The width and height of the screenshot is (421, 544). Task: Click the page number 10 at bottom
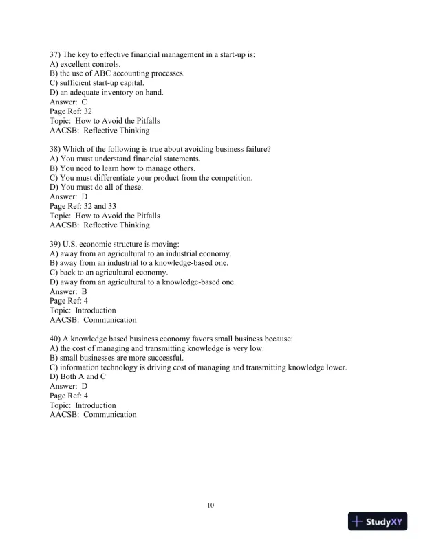(210, 506)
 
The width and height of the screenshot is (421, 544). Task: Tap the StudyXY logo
(378, 522)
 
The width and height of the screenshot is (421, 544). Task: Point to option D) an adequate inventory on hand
(97, 92)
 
